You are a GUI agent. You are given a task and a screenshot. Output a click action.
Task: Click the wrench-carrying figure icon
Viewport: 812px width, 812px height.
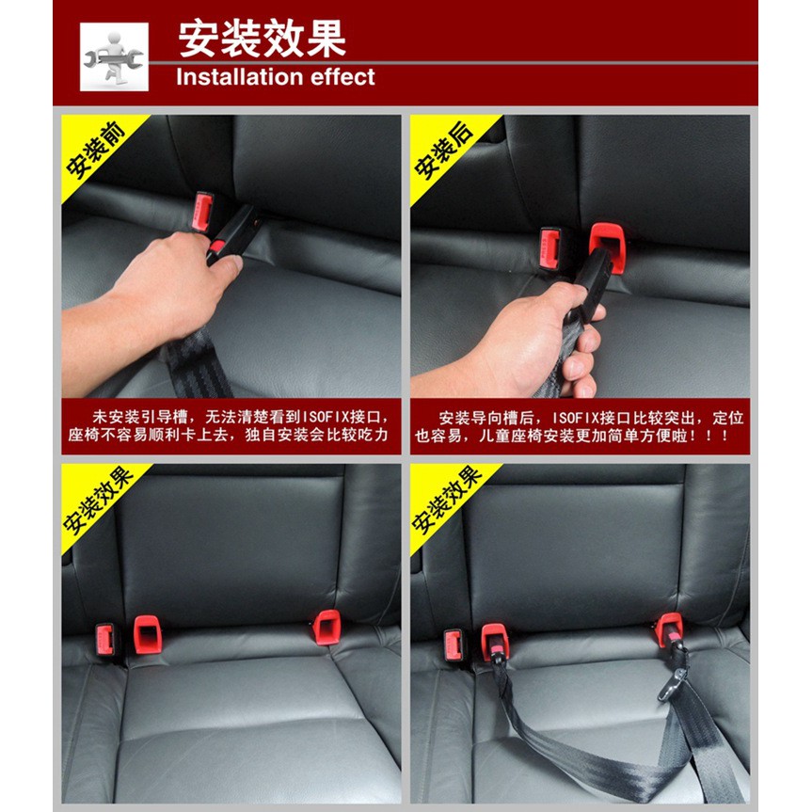114,57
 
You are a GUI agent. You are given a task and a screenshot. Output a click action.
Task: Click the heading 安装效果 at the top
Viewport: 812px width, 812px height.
262,39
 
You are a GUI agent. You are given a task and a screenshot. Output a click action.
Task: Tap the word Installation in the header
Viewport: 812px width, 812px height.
239,76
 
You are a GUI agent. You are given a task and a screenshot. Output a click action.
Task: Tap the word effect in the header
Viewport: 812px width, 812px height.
342,76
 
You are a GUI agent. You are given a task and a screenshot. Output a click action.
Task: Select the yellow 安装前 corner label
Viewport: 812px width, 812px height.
95,150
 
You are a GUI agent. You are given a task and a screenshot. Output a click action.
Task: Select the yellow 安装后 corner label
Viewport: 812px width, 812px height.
444,150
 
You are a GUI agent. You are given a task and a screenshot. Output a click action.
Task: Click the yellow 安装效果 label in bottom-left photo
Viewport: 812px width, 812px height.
97,501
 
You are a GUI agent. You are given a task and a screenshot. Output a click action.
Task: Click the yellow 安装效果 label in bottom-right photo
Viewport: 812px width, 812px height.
446,501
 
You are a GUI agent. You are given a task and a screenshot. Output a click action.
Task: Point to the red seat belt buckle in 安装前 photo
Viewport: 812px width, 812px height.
202,212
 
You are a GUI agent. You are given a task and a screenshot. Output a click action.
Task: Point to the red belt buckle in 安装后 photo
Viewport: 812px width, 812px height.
550,249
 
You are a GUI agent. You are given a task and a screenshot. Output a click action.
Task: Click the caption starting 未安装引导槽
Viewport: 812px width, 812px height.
231,425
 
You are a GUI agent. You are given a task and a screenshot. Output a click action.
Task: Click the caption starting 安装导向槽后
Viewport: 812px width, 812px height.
580,426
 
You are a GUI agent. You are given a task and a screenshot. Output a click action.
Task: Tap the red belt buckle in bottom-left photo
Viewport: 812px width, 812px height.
105,640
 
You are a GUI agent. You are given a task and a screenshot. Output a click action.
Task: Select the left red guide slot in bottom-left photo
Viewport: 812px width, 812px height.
148,635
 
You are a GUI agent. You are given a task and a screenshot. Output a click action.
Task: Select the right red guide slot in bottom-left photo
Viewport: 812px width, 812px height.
327,628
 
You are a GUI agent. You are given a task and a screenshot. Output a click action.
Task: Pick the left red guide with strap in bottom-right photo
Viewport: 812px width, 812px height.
495,642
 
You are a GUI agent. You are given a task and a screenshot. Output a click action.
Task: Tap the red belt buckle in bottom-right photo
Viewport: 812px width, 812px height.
454,645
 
